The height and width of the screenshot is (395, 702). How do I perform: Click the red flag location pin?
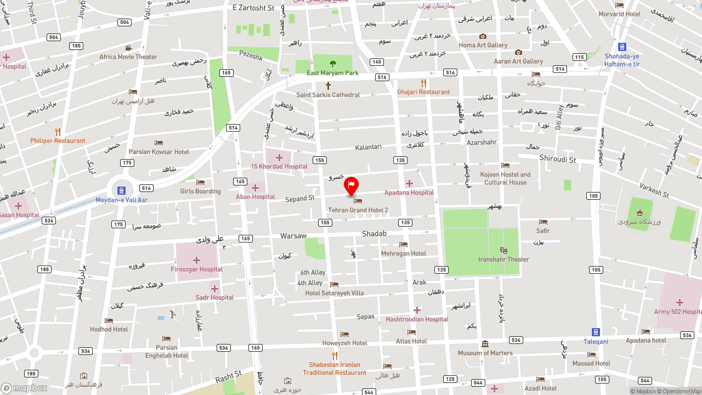(351, 186)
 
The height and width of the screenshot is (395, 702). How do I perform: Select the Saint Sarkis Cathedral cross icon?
(328, 86)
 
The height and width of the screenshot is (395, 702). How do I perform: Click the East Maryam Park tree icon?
(332, 64)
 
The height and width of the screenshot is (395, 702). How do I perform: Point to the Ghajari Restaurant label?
(423, 92)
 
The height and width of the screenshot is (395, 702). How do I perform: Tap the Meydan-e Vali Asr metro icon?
(122, 190)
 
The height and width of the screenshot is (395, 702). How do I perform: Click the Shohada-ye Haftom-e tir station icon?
(622, 47)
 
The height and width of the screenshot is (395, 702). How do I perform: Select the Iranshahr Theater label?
(503, 259)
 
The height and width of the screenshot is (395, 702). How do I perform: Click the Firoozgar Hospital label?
(196, 269)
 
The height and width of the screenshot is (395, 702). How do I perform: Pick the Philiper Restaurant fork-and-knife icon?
(58, 132)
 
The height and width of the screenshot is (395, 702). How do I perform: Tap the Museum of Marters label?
(485, 353)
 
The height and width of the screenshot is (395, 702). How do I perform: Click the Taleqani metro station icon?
(596, 332)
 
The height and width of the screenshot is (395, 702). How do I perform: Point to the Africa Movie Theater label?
(128, 57)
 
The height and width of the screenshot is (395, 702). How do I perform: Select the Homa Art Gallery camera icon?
(483, 36)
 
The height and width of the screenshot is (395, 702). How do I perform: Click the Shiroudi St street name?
(558, 160)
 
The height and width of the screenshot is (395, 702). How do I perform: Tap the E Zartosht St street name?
(253, 8)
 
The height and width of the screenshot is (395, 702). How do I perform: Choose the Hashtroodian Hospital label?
(417, 319)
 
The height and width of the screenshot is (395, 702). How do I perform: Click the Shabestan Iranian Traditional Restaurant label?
(335, 369)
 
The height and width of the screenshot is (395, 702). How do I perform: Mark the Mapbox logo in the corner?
(24, 388)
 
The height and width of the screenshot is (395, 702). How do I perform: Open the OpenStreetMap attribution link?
(682, 391)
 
